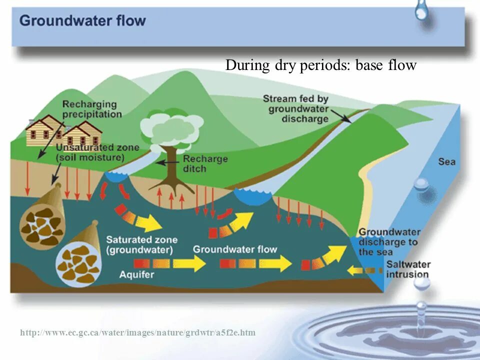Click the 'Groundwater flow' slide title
82,21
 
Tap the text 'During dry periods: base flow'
320,65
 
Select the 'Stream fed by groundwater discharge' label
295,108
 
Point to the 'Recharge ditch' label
204,163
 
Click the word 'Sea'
446,161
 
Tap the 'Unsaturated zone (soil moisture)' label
90,152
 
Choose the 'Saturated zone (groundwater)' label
141,245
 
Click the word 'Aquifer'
137,274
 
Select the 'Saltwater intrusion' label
408,269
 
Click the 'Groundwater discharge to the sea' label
388,241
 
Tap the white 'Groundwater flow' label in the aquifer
235,248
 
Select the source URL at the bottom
137,332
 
